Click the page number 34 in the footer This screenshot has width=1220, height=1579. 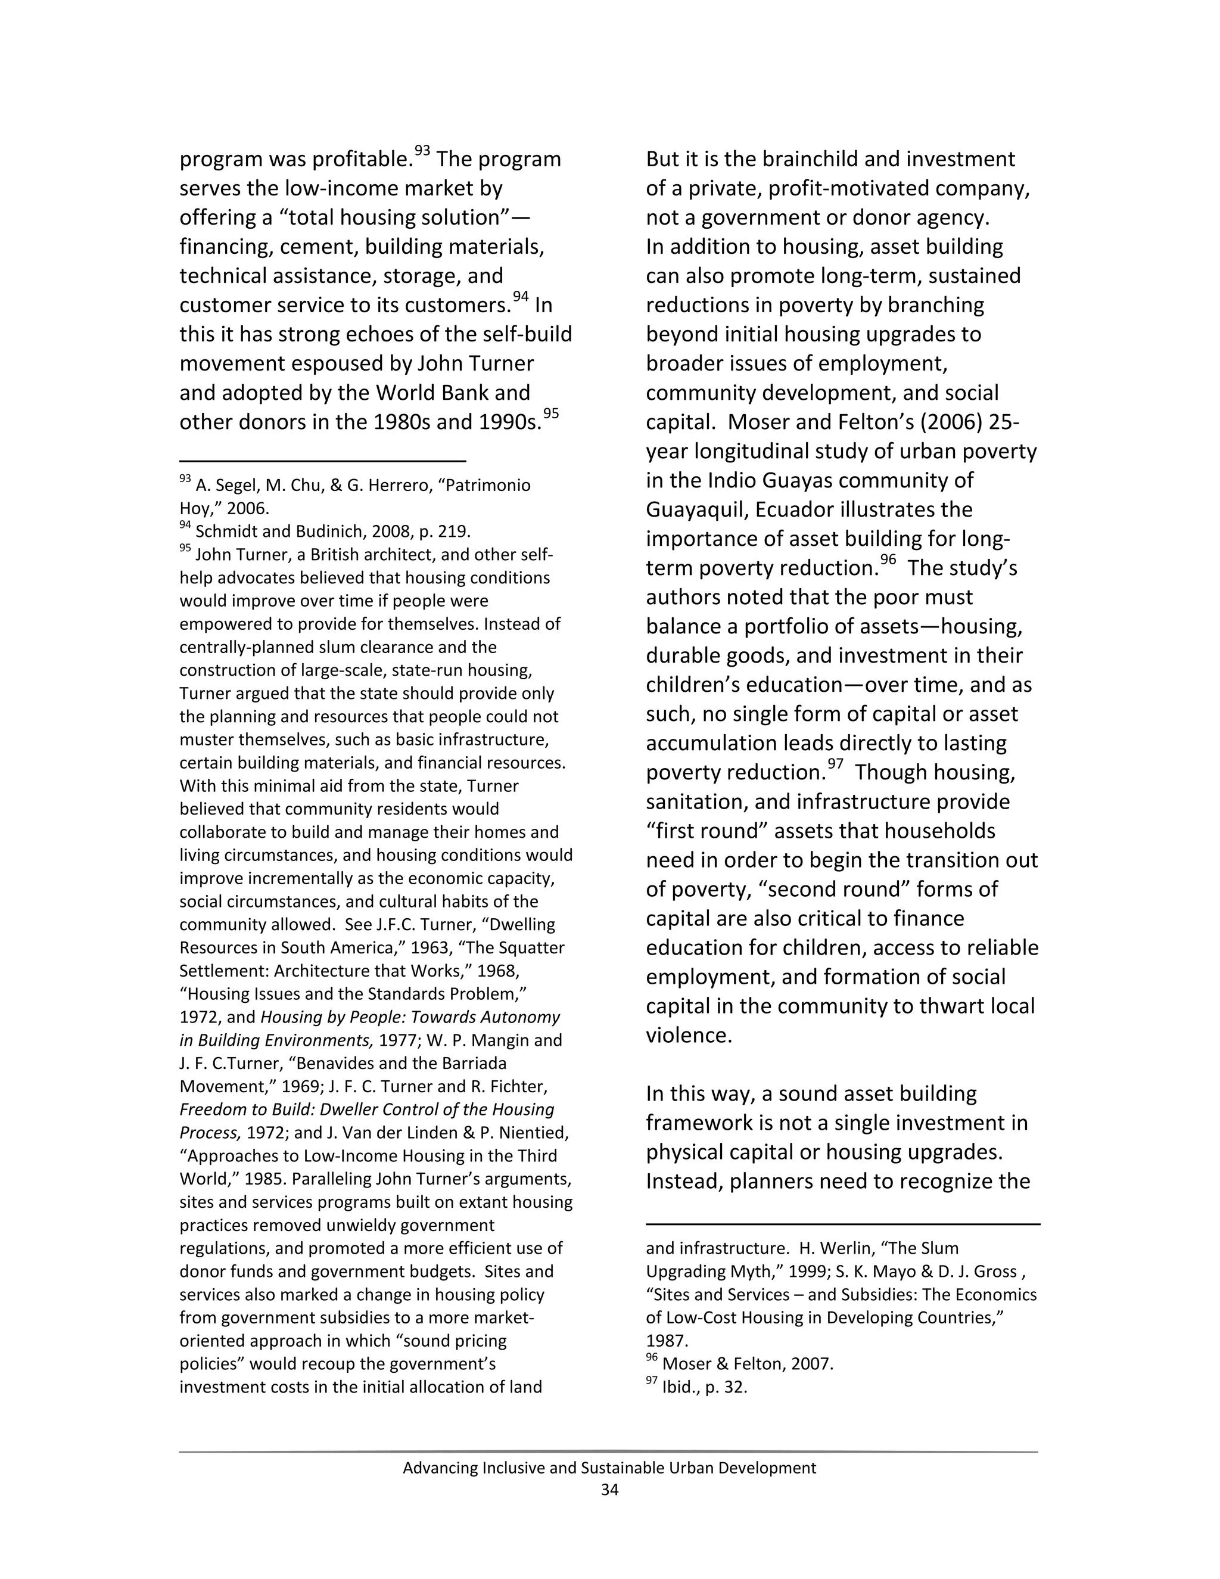coord(609,1490)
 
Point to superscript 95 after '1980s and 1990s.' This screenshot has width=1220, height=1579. coord(551,414)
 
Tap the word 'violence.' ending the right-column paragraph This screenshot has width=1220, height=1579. coord(689,1036)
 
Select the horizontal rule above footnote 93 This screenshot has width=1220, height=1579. coord(322,461)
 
